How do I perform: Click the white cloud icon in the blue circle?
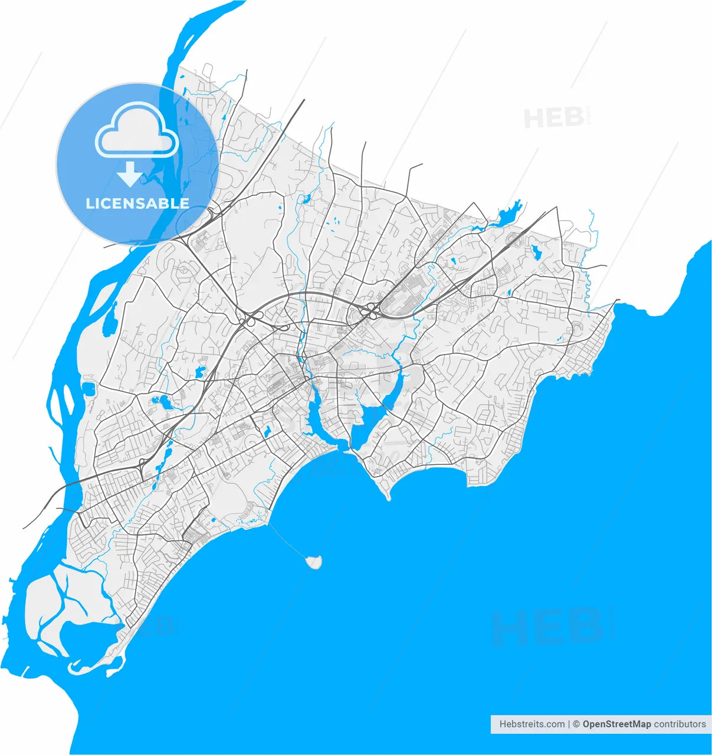137,130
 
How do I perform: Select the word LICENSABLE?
137,203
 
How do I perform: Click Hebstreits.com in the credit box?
531,724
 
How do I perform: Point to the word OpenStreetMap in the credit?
616,724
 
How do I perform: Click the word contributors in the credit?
680,724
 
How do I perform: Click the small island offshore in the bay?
314,562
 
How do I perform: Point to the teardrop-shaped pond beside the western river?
109,324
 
